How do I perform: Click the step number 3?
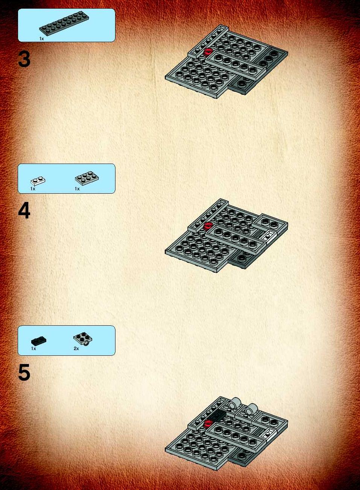pos(24,59)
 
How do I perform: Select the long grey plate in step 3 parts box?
pos(64,23)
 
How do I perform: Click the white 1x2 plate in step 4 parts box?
pos(38,181)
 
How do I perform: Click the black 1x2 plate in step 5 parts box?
pos(38,341)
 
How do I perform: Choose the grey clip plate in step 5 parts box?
pos(83,339)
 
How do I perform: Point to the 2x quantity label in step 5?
pos(76,349)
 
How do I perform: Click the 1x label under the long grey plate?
pos(42,39)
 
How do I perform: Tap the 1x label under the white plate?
pos(33,189)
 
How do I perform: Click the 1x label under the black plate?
pos(33,349)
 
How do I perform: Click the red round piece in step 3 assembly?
pos(207,52)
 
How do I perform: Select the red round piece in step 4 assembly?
pos(207,226)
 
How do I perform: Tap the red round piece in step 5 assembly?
pos(207,423)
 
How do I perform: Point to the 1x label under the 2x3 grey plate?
pos(77,189)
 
